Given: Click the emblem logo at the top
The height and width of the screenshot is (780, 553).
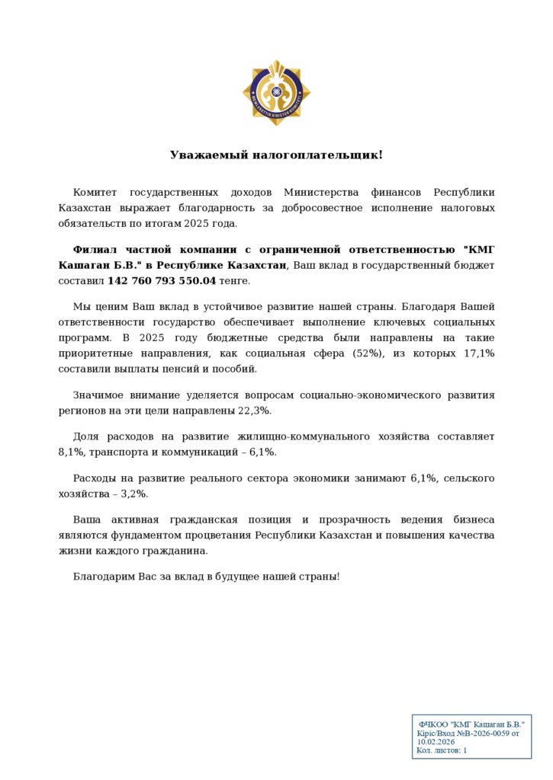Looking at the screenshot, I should coord(276,93).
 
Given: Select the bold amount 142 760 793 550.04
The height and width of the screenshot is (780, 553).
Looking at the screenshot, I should coord(162,280).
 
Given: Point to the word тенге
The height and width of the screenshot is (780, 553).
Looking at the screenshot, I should coord(234,280).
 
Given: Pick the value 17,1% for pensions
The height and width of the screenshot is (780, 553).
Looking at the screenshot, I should coord(479,353).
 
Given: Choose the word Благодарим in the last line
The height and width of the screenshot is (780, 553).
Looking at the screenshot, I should coord(104,577).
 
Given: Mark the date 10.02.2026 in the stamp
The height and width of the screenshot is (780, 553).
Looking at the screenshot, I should coord(436,741).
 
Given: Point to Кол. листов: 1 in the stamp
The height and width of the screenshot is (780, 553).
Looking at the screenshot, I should coord(442,750).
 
